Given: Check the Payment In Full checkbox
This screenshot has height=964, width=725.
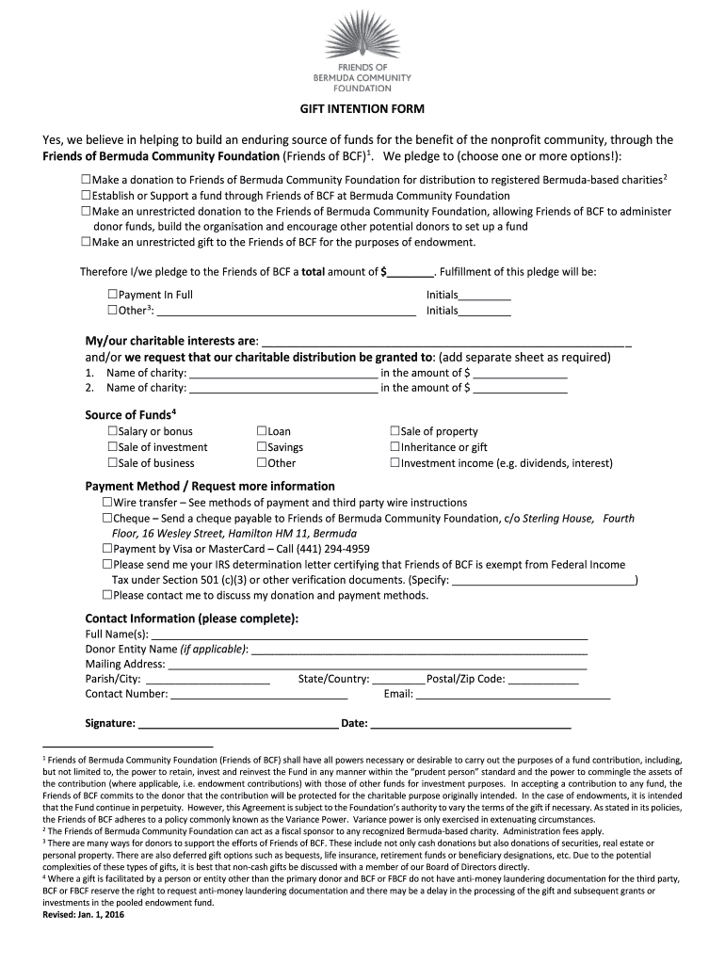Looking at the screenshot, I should [113, 295].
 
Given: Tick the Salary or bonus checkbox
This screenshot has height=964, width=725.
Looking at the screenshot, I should [113, 431].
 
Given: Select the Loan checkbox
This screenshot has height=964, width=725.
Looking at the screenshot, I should [262, 431].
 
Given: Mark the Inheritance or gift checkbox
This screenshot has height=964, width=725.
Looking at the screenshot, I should [395, 447].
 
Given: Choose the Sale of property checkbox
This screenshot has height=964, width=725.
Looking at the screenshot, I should [395, 431].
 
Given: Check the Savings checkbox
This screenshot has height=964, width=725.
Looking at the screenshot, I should [262, 447].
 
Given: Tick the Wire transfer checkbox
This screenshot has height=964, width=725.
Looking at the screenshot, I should [107, 503].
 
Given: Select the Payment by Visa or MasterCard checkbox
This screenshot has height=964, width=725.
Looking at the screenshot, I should [107, 549].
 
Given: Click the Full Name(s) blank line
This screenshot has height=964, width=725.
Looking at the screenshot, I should [376, 637].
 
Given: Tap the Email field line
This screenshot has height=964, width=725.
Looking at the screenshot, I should [513, 698].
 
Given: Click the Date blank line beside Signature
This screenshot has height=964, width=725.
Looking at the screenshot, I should [470, 727].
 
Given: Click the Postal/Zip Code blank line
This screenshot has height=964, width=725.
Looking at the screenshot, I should [543, 683].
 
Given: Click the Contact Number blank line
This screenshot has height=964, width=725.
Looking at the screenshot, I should [259, 698].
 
